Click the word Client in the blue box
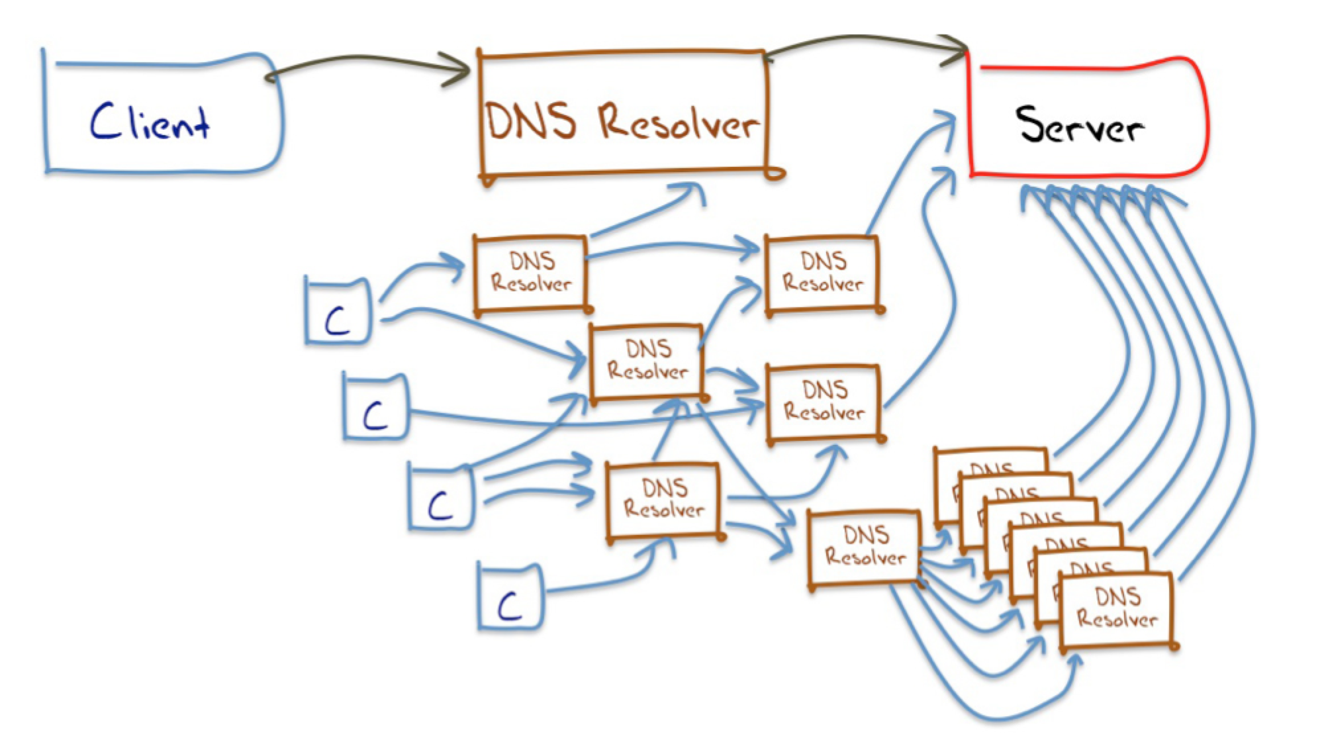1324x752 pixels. [150, 122]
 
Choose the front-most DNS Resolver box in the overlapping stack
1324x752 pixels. [1117, 609]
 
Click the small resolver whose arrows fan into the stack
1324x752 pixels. [865, 547]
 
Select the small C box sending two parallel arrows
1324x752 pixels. [440, 498]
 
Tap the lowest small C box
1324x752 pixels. [510, 597]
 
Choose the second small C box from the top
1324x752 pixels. [375, 406]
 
